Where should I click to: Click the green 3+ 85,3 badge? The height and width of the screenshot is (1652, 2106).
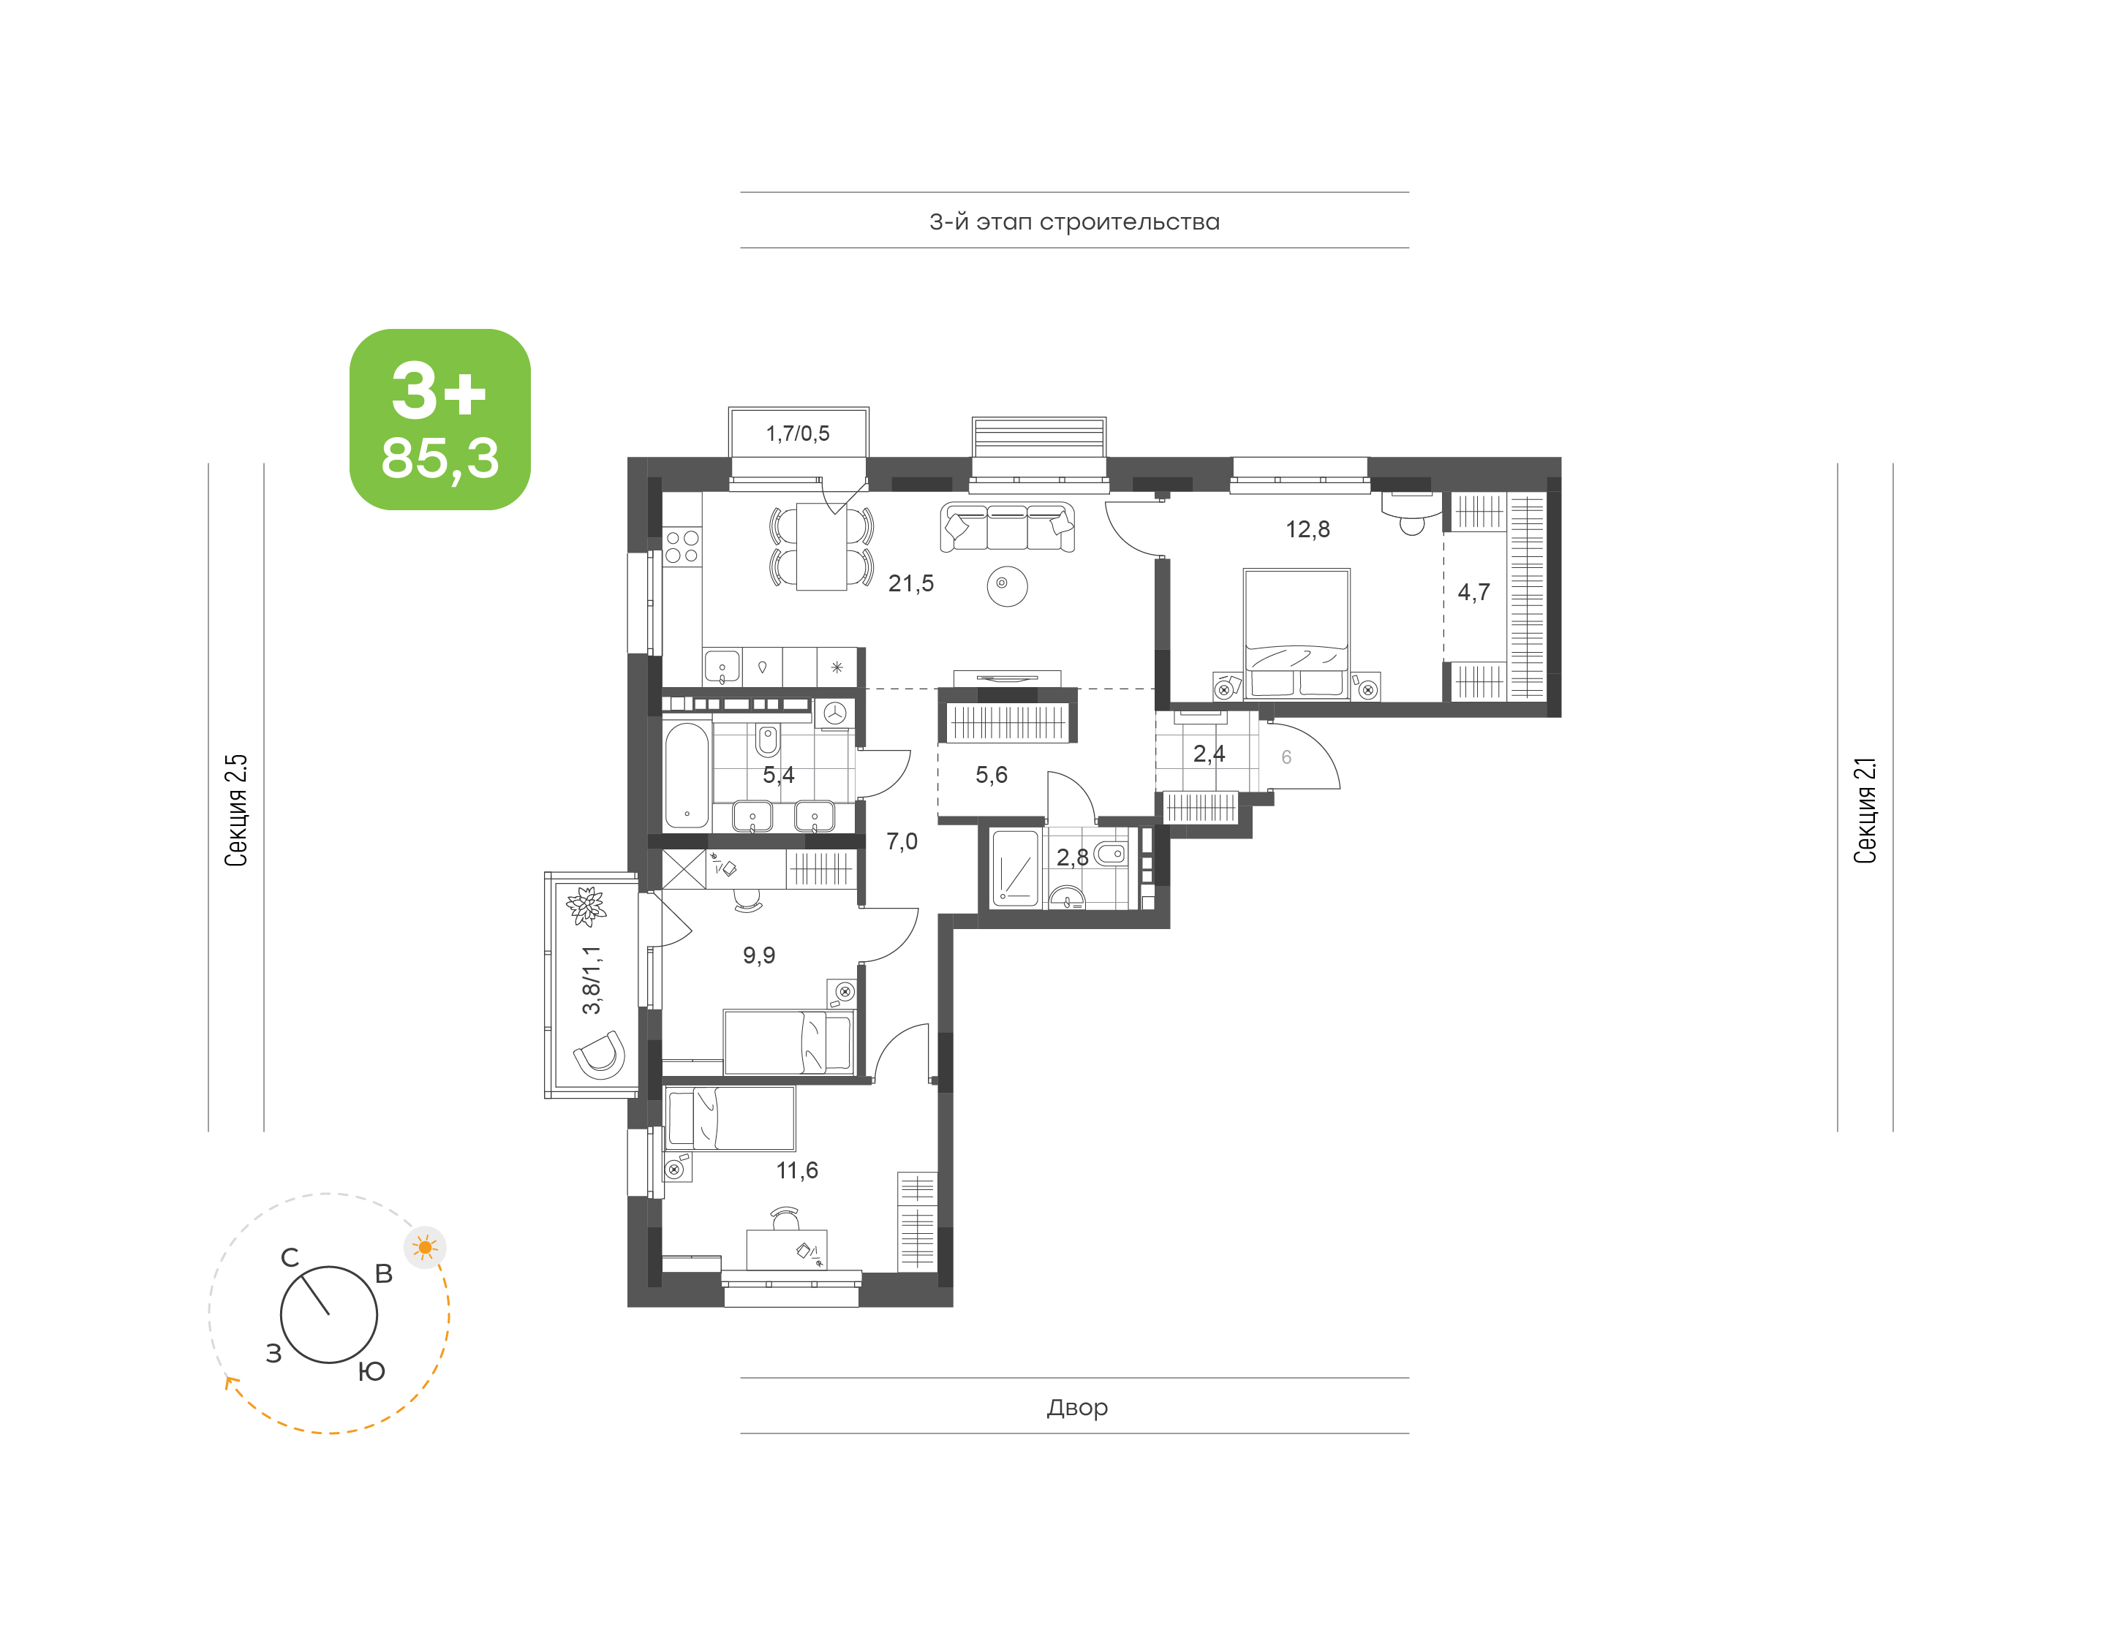click(x=439, y=419)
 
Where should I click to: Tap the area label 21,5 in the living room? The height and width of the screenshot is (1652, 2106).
click(x=910, y=583)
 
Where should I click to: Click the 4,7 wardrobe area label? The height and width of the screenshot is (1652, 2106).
click(x=1473, y=592)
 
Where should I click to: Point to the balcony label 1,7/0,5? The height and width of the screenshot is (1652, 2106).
click(x=797, y=433)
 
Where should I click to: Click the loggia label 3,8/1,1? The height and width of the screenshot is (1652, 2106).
click(x=591, y=980)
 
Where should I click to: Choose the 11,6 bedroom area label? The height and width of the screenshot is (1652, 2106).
click(x=796, y=1170)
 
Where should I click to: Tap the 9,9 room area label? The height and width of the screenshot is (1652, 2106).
click(x=758, y=955)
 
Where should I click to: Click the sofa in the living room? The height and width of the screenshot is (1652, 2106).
click(x=1007, y=528)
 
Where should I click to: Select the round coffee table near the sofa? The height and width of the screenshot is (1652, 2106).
click(x=1007, y=586)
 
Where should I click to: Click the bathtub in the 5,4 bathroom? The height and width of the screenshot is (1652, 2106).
click(x=687, y=775)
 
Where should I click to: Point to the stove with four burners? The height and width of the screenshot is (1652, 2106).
click(x=682, y=547)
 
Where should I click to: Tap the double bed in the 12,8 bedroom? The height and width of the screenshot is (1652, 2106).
click(x=1297, y=634)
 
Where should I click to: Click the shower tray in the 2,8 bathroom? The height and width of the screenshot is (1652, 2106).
click(x=1015, y=868)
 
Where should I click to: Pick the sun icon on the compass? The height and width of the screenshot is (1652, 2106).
click(x=425, y=1248)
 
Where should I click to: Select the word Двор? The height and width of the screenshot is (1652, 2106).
click(x=1076, y=1407)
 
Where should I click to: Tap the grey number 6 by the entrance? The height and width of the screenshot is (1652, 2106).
click(x=1286, y=757)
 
